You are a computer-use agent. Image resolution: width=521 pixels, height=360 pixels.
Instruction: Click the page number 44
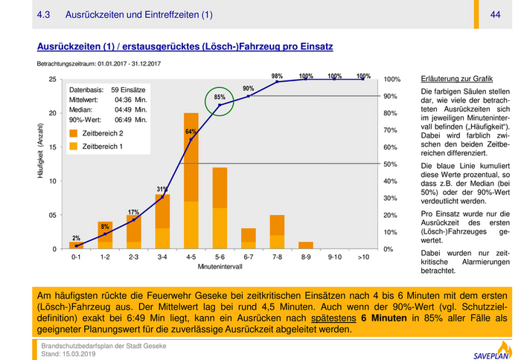(x=495, y=15)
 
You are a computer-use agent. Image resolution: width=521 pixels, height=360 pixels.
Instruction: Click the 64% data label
(x=191, y=132)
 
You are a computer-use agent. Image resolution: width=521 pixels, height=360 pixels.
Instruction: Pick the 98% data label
(x=277, y=76)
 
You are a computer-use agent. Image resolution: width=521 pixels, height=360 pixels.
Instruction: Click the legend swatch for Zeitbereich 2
(x=74, y=133)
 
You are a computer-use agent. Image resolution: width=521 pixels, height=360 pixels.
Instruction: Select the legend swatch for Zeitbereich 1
(x=74, y=147)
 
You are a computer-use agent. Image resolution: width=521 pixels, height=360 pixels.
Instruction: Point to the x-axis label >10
(x=363, y=257)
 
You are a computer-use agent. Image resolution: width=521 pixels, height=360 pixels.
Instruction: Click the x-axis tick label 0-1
(x=76, y=257)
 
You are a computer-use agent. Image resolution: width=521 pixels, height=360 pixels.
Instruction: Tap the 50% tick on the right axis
(x=391, y=164)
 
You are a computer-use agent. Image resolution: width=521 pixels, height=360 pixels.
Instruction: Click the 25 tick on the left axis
(x=52, y=80)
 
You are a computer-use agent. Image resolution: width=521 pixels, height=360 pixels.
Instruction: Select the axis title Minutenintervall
(x=220, y=266)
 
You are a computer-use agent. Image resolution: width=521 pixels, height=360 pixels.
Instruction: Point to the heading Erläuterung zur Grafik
(x=456, y=79)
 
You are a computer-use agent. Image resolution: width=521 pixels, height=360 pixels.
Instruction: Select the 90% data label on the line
(x=248, y=89)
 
